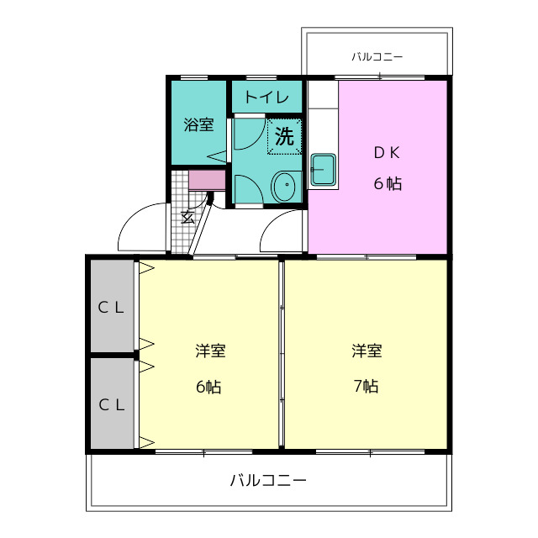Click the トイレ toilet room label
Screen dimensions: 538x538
267,98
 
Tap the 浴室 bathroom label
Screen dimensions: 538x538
198,124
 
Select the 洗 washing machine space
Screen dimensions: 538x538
284,136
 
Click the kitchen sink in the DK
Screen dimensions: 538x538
323,170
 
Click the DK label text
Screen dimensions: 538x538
387,153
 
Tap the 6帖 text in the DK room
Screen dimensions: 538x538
388,183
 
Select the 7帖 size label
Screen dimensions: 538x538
367,387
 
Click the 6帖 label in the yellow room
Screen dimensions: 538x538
208,387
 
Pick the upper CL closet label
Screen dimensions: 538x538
110,308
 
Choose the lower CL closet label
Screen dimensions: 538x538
111,405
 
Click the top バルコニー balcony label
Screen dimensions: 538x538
377,56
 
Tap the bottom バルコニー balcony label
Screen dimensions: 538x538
268,480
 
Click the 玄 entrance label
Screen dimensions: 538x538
187,217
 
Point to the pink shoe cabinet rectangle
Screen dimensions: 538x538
207,180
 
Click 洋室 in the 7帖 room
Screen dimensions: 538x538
367,351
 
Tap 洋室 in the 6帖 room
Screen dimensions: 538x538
210,351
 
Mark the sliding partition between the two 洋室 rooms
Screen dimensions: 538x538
282,354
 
